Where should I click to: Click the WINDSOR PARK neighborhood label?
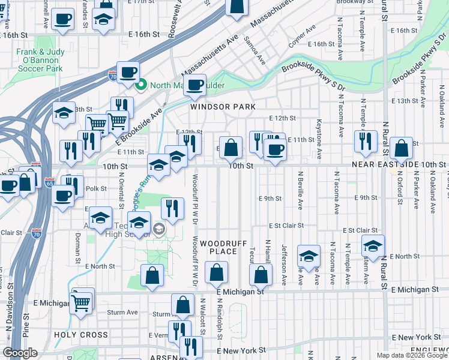pyautogui.click(x=223, y=107)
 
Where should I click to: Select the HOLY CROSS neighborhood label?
pyautogui.click(x=81, y=335)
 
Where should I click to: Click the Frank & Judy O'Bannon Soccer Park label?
pyautogui.click(x=40, y=60)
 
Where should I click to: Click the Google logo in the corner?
pyautogui.click(x=21, y=353)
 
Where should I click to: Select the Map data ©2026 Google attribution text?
pyautogui.click(x=412, y=355)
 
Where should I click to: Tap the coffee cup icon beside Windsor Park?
pyautogui.click(x=194, y=85)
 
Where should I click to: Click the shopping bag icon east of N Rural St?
pyautogui.click(x=401, y=148)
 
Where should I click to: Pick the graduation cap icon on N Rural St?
pyautogui.click(x=373, y=246)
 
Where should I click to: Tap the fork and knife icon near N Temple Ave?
pyautogui.click(x=366, y=142)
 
